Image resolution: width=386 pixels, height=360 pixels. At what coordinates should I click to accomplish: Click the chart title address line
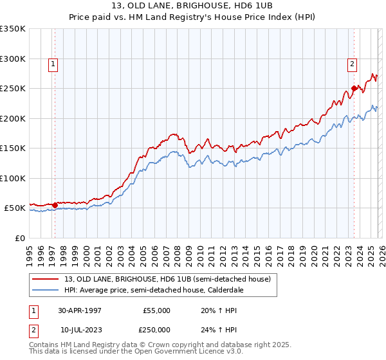pyautogui.click(x=193, y=4)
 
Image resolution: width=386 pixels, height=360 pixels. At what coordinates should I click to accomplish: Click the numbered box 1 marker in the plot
pyautogui.click(x=52, y=64)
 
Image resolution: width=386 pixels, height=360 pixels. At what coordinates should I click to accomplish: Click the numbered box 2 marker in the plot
pyautogui.click(x=353, y=64)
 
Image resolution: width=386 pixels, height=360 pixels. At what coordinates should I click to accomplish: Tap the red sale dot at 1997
pyautogui.click(x=55, y=206)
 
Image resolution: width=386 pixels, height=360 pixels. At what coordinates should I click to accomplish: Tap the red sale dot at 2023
pyautogui.click(x=354, y=88)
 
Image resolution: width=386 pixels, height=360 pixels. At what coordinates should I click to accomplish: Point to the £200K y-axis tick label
pyautogui.click(x=12, y=118)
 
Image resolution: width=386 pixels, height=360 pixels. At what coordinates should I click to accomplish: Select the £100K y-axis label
pyautogui.click(x=12, y=178)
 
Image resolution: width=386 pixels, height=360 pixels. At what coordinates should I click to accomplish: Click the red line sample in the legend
pyautogui.click(x=44, y=279)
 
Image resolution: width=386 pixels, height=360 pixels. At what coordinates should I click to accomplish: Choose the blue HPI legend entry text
pyautogui.click(x=161, y=290)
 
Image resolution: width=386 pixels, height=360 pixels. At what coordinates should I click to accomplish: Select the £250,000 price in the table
pyautogui.click(x=157, y=329)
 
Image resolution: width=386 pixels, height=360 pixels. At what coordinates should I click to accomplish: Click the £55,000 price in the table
pyautogui.click(x=157, y=310)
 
